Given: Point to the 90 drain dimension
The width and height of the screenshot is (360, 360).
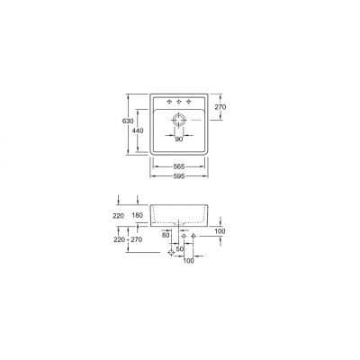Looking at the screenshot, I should [x=178, y=139].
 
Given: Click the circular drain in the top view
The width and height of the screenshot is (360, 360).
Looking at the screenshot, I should [x=178, y=120].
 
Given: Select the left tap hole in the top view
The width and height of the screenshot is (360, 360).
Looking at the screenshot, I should [x=167, y=100].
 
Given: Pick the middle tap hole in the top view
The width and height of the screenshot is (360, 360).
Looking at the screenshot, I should [x=178, y=100].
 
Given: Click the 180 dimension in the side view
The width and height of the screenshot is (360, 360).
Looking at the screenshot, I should [x=136, y=217].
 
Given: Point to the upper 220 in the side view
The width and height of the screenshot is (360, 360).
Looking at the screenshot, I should [x=119, y=217].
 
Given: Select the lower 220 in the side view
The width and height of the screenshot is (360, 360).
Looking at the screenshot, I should [x=119, y=241].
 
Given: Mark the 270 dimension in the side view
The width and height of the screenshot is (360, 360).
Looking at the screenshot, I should [x=137, y=241].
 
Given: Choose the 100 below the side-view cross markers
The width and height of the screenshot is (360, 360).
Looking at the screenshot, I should [x=188, y=263].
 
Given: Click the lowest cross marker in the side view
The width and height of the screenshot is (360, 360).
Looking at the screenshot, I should [x=171, y=254].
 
